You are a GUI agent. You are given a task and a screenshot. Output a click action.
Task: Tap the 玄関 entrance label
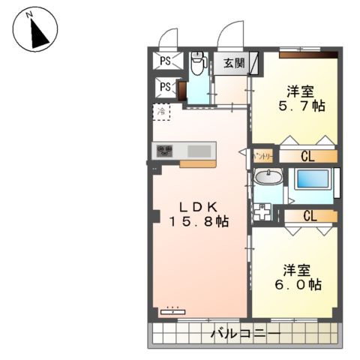coord(234,63)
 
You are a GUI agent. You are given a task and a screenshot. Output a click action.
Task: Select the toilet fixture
coord(198,64)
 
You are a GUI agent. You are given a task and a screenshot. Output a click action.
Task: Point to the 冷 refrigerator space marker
coord(161,112)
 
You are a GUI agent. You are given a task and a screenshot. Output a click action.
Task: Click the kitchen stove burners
coord(165,150)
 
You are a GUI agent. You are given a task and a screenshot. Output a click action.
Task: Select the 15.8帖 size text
coord(198,222)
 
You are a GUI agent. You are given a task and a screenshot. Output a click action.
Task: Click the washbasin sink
coord(267,177)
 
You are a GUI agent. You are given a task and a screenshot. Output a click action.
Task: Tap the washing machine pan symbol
coord(263,211)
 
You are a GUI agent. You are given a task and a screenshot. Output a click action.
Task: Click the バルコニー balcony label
coord(245,332)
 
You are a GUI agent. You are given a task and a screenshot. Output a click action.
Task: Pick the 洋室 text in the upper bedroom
coord(298,91)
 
